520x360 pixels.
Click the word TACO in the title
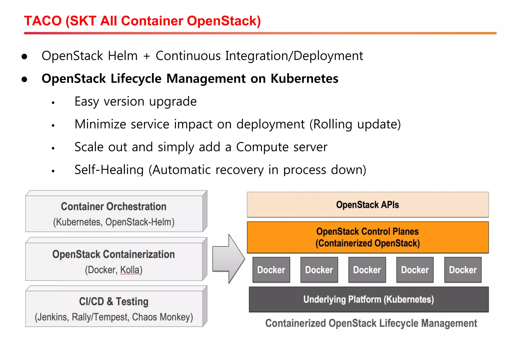pos(43,21)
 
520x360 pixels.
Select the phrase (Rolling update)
pos(355,124)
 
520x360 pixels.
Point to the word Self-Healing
pos(109,170)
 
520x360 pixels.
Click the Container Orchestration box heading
pos(113,206)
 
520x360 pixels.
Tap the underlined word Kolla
pos(130,270)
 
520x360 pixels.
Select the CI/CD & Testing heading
pos(113,301)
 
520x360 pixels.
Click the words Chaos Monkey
pos(162,317)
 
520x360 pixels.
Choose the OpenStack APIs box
pos(367,205)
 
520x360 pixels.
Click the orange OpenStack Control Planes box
pos(367,237)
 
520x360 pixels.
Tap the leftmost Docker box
pos(271,270)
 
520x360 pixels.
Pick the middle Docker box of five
pos(367,270)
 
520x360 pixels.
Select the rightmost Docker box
pos(463,270)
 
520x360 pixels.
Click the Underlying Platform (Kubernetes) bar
pos(368,299)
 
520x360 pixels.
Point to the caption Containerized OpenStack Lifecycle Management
pos(371,323)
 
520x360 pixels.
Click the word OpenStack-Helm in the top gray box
pos(140,222)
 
